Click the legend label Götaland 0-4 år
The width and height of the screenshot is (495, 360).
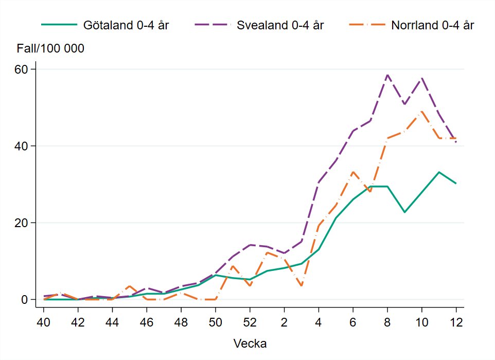point(126,25)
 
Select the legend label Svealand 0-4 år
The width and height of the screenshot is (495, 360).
point(280,25)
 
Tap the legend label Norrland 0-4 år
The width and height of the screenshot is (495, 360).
point(433,25)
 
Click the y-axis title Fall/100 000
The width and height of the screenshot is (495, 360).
point(50,49)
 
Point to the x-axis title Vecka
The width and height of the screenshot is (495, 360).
point(250,343)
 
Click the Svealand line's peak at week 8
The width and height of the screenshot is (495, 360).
point(387,75)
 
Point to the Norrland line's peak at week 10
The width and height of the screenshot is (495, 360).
point(422,111)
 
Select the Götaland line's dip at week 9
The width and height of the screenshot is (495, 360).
point(404,212)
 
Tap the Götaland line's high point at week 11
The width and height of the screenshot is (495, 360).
point(439,172)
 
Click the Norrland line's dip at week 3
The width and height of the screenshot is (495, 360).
point(302,286)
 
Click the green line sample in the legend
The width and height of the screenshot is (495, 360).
point(59,25)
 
